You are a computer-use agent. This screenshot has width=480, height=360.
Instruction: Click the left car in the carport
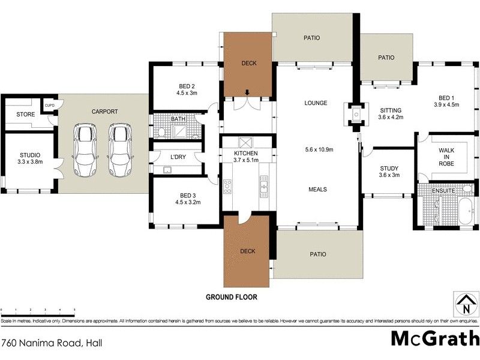(x=86, y=151)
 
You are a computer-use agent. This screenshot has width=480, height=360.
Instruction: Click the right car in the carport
(x=120, y=151)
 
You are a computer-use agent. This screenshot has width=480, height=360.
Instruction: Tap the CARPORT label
(x=104, y=112)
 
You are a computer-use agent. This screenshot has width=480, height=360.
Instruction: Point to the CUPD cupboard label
(x=49, y=106)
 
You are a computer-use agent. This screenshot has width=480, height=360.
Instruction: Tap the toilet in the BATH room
(x=161, y=132)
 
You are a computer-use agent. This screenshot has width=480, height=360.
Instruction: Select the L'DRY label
(x=178, y=157)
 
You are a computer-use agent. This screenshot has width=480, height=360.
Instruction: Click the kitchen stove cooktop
(x=227, y=187)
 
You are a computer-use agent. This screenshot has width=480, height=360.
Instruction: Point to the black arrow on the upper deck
(x=247, y=92)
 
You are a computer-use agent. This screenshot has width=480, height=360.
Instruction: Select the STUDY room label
(x=389, y=169)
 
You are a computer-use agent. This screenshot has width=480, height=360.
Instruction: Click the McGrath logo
(x=434, y=338)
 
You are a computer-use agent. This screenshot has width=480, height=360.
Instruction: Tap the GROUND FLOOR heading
(x=231, y=297)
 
